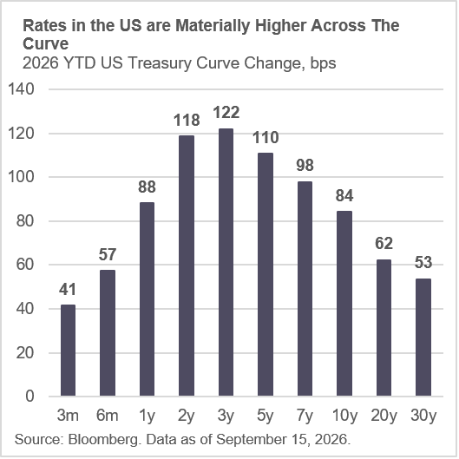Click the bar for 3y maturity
click(226, 262)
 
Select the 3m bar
click(68, 351)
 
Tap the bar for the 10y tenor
click(344, 304)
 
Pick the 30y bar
click(423, 338)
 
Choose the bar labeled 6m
click(108, 333)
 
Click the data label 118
click(187, 120)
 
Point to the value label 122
click(226, 113)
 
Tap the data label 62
click(384, 243)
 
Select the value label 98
click(305, 165)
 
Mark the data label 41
click(68, 289)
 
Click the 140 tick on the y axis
click(21, 89)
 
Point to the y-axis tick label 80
click(25, 220)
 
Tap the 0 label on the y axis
click(30, 396)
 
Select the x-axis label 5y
click(266, 416)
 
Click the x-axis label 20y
click(384, 416)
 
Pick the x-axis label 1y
click(147, 416)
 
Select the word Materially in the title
click(213, 26)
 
